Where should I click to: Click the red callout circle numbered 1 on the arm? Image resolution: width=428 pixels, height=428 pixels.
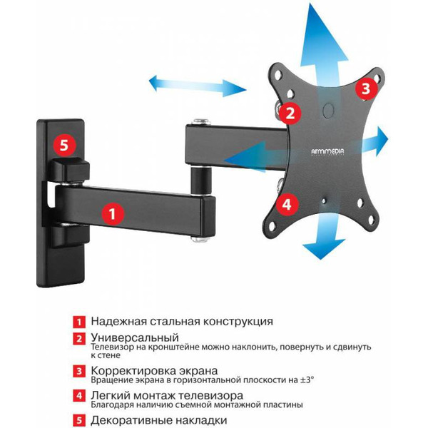(x=111, y=212)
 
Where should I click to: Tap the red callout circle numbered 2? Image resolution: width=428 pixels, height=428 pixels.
(x=288, y=112)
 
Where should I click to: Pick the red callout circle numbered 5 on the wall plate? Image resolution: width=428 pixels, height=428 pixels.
(x=63, y=146)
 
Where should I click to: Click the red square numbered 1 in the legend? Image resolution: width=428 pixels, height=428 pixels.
(x=80, y=322)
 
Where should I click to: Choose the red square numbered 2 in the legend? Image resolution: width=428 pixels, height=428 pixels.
(x=80, y=338)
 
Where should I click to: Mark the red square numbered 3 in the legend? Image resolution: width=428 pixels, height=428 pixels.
(x=80, y=372)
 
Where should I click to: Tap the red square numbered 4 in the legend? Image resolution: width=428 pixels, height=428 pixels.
(x=80, y=395)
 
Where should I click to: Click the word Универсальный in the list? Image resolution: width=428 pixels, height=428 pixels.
(x=134, y=337)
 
